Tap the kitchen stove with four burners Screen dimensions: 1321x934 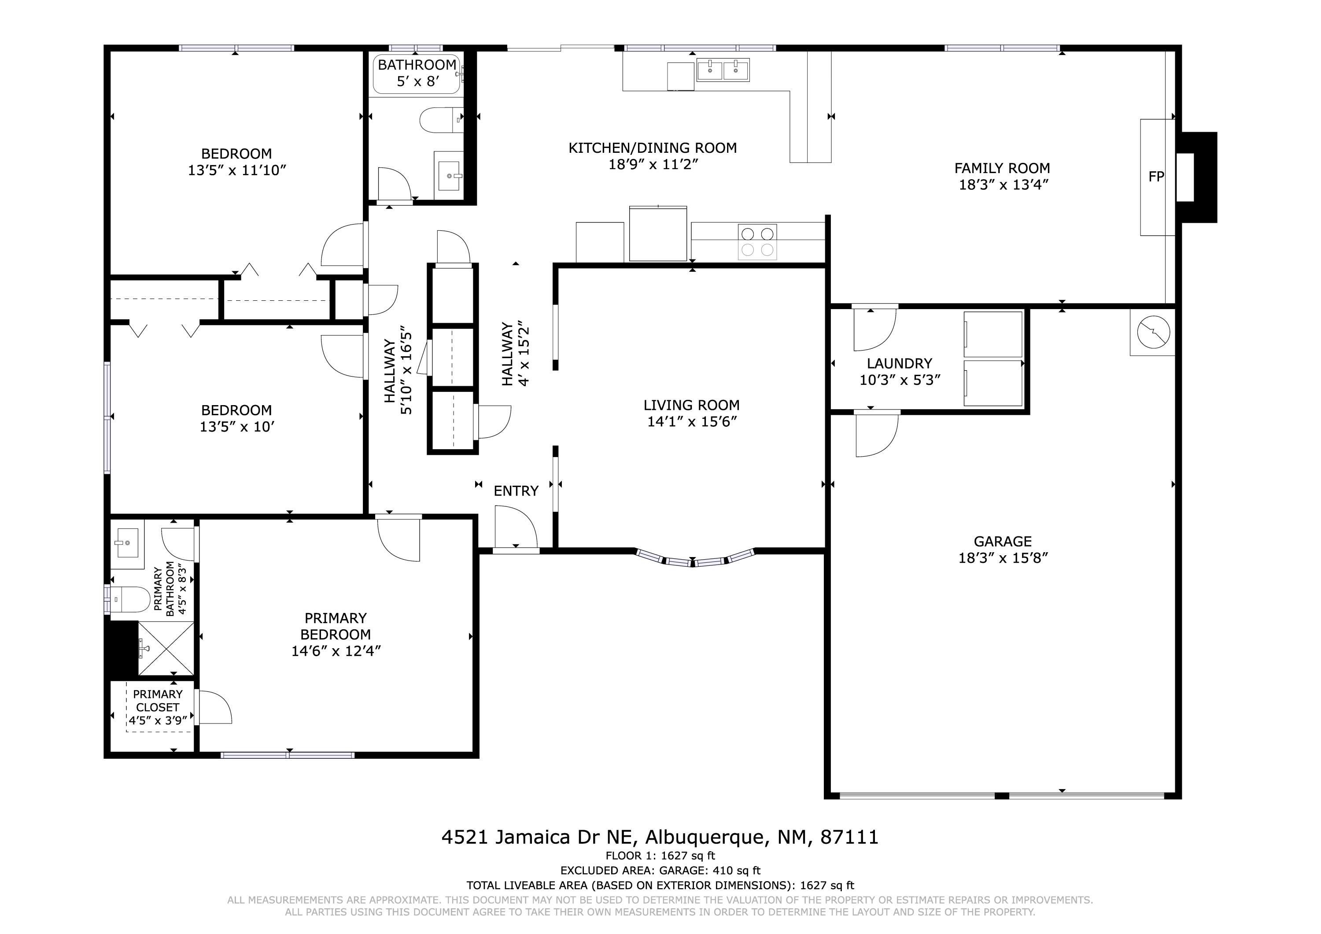(x=757, y=242)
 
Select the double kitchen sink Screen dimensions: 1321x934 (x=723, y=70)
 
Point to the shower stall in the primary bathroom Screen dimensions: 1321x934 (x=166, y=649)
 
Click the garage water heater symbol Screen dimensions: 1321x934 (x=1153, y=332)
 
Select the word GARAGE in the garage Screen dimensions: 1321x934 (x=1003, y=542)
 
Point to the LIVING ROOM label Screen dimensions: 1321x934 (x=692, y=405)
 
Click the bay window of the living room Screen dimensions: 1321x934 (x=694, y=557)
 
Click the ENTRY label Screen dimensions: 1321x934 (x=516, y=491)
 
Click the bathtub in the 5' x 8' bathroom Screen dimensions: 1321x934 (x=417, y=74)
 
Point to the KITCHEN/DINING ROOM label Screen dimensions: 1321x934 (x=653, y=148)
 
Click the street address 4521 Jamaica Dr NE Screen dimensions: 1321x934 (x=537, y=837)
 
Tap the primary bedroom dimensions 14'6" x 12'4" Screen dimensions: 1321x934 (x=336, y=651)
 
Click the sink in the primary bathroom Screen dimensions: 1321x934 (x=128, y=543)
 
